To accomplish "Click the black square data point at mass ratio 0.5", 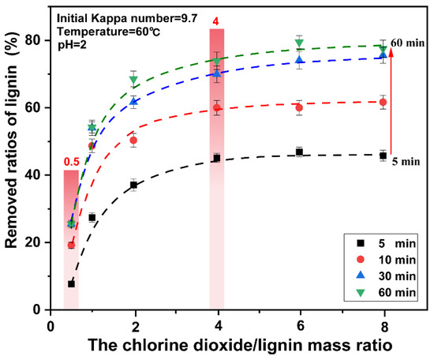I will pyautogui.click(x=72, y=283).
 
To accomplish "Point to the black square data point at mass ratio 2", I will pyautogui.click(x=133, y=185).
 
